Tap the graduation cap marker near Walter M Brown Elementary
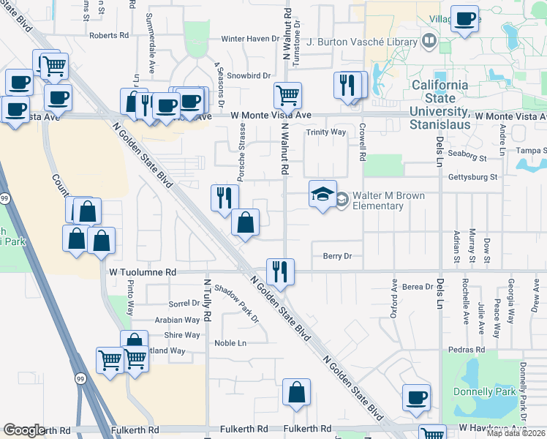[322, 194]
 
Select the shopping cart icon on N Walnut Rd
[288, 94]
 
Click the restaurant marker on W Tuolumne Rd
[279, 271]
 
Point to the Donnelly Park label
[484, 391]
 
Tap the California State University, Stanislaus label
[440, 98]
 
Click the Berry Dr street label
[337, 256]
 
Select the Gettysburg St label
[472, 177]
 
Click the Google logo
[24, 429]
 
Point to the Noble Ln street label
[230, 343]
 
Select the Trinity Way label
[325, 132]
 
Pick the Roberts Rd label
[109, 35]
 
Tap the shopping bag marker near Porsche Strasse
[246, 222]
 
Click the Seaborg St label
[468, 157]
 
